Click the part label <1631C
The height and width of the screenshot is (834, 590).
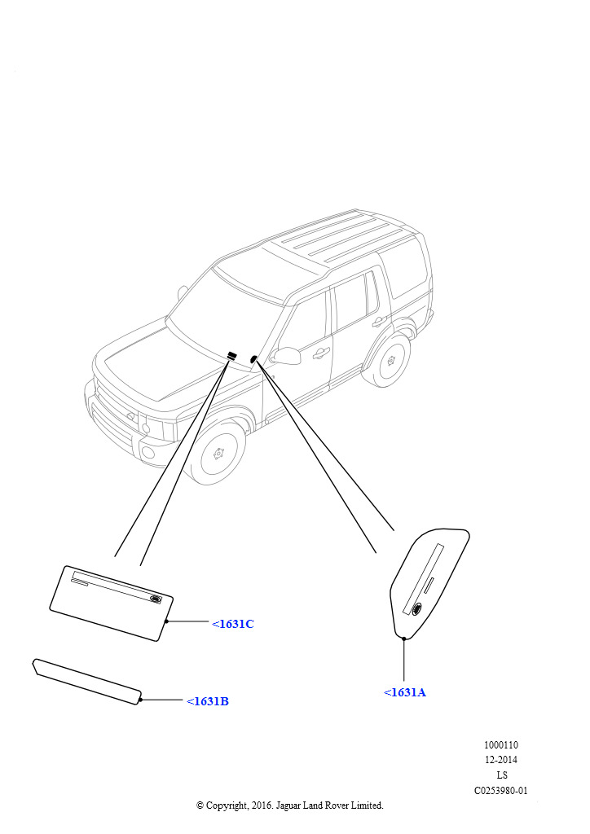click(x=233, y=624)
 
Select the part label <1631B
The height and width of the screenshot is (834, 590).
click(x=208, y=701)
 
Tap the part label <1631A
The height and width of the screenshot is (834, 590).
click(x=405, y=692)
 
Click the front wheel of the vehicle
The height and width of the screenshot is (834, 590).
click(x=218, y=453)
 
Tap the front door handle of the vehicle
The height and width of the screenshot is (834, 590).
click(x=321, y=352)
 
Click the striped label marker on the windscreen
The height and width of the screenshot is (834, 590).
click(x=232, y=356)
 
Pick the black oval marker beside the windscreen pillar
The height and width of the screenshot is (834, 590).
click(x=253, y=359)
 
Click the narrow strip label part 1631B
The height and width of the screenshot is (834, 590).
click(x=88, y=682)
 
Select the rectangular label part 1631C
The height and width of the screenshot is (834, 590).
click(x=112, y=604)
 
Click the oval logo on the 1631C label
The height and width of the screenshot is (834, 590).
click(x=155, y=599)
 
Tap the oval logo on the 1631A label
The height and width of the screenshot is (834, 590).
click(x=417, y=608)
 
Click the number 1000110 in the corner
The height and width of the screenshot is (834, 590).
click(x=500, y=744)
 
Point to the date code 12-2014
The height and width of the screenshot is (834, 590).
click(x=500, y=760)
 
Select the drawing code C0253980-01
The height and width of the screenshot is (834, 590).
click(x=500, y=790)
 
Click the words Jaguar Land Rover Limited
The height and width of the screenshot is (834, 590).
click(x=329, y=805)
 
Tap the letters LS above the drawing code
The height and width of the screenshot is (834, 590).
click(x=502, y=775)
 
